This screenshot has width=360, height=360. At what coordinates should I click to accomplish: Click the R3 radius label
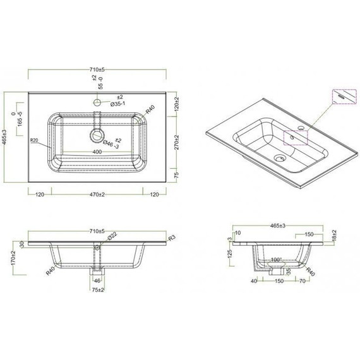[x=171, y=238]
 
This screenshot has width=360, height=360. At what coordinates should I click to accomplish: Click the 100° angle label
[x=277, y=260]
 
